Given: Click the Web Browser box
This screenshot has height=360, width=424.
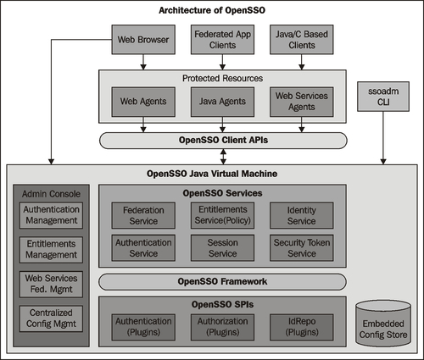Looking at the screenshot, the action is pyautogui.click(x=143, y=40).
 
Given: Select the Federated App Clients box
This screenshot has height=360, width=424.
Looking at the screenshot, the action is pyautogui.click(x=222, y=40).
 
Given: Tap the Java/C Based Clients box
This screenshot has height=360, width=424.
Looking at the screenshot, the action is pyautogui.click(x=302, y=40).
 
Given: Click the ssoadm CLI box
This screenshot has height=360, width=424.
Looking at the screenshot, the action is pyautogui.click(x=383, y=97).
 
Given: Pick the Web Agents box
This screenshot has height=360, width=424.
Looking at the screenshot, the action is pyautogui.click(x=143, y=102).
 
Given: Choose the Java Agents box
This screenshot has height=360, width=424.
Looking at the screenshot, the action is pyautogui.click(x=222, y=102).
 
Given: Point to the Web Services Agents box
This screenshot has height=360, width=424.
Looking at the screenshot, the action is pyautogui.click(x=302, y=102).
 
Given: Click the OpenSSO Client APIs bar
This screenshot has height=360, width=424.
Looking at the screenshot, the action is pyautogui.click(x=223, y=141).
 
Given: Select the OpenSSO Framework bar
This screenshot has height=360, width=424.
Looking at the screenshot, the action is pyautogui.click(x=222, y=281).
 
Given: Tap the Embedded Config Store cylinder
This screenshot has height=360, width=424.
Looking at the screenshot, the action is pyautogui.click(x=383, y=324).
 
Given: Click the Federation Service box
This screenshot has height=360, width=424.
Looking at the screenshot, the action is pyautogui.click(x=143, y=215).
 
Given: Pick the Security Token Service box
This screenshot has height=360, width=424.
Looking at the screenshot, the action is pyautogui.click(x=302, y=248).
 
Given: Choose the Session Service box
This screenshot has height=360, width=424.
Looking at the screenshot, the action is pyautogui.click(x=222, y=248).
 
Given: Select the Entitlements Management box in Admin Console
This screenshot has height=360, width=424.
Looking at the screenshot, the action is pyautogui.click(x=51, y=250).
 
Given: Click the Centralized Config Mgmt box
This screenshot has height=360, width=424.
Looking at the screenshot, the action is pyautogui.click(x=51, y=318).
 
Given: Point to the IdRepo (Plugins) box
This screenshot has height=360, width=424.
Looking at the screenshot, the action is pyautogui.click(x=302, y=327).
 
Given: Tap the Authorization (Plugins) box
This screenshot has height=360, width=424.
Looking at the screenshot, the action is pyautogui.click(x=222, y=327).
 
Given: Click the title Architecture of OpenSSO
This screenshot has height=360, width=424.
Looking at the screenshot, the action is pyautogui.click(x=212, y=10).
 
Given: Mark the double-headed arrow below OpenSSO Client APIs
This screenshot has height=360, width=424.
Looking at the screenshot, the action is pyautogui.click(x=223, y=157).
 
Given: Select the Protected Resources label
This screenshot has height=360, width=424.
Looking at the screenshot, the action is pyautogui.click(x=222, y=78).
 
